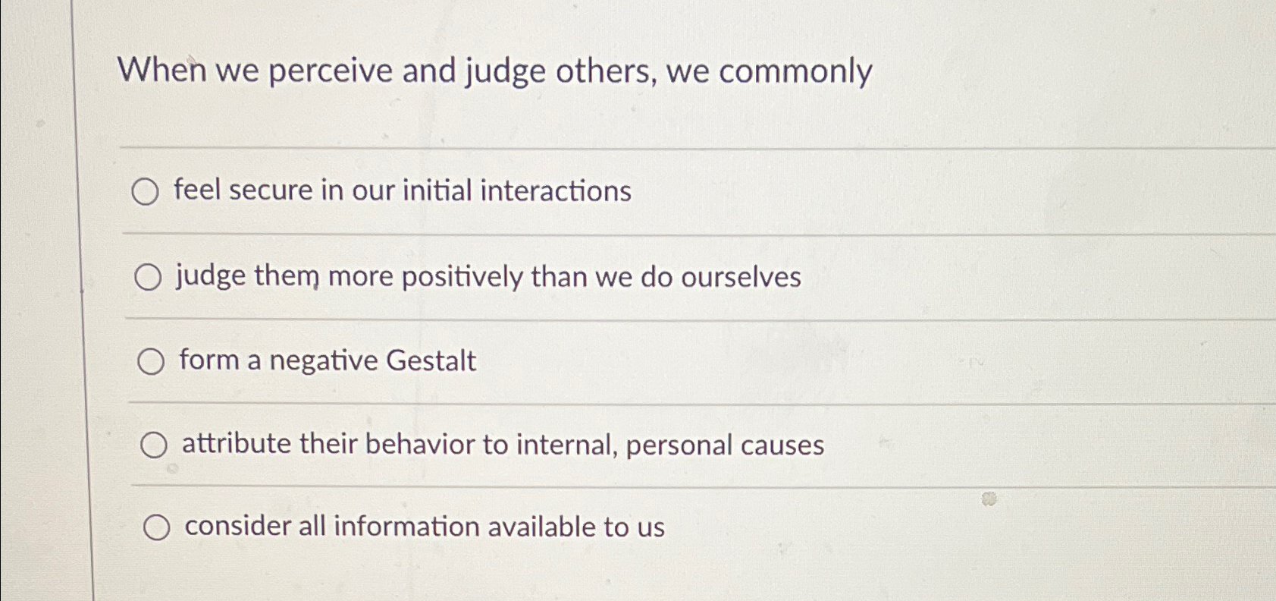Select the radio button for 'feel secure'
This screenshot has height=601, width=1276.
point(145,192)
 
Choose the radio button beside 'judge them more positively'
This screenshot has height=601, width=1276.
point(148,278)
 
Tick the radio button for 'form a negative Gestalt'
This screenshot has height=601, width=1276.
point(151,363)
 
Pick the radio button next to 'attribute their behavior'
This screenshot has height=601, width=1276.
point(153,446)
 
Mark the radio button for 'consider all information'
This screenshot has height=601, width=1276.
point(156,528)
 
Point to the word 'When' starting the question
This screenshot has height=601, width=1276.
point(161,71)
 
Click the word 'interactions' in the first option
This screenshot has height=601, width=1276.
point(555,190)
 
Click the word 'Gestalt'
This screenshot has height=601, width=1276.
point(431,360)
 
